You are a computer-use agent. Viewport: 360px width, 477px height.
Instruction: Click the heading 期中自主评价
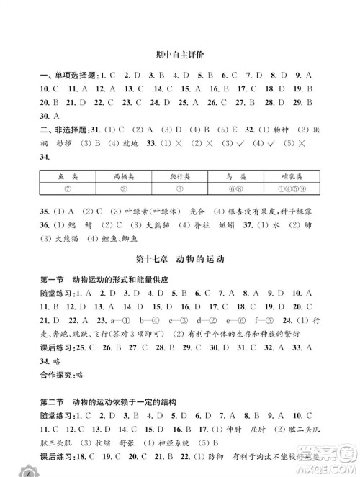click(179, 55)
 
